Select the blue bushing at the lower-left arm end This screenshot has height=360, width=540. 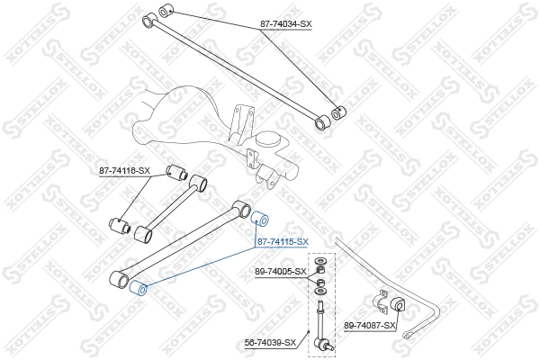point(139,288)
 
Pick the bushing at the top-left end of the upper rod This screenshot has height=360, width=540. point(165,11)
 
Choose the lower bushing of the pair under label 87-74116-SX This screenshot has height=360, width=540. point(117,224)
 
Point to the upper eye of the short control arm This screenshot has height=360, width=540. point(202,184)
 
